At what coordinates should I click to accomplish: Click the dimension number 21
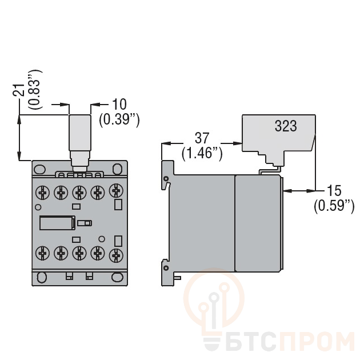click(19, 90)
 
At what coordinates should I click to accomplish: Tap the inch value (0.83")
click(35, 89)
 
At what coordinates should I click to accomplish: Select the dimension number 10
click(119, 104)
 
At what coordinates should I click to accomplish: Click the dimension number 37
click(202, 138)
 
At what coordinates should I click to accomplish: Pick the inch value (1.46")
click(202, 153)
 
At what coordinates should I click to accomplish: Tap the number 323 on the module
click(286, 126)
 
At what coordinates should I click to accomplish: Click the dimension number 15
click(334, 190)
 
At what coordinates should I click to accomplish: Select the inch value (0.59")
click(334, 206)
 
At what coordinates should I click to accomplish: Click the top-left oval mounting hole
click(40, 170)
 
